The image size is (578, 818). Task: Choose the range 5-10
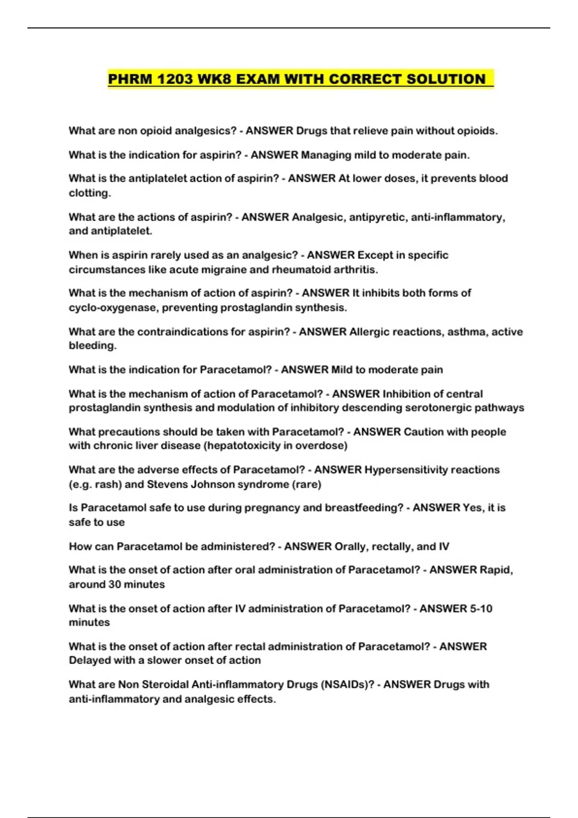pos(480,608)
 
